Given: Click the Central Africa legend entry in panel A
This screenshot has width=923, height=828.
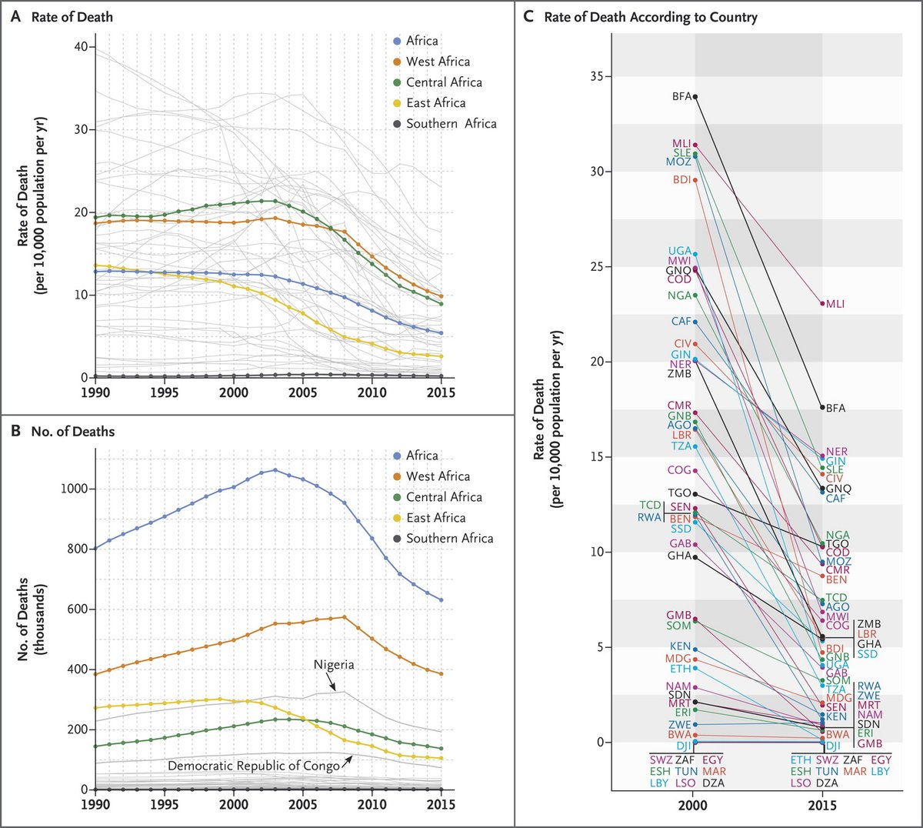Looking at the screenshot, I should [443, 82].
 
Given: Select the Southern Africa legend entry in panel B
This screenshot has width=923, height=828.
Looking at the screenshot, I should [449, 539].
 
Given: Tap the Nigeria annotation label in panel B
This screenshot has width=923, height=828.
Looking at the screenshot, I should [333, 664].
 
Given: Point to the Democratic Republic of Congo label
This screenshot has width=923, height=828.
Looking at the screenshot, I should [253, 766].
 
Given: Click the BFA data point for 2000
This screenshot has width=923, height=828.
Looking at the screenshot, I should [695, 97].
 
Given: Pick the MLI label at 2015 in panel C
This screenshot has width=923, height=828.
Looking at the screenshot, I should [835, 304].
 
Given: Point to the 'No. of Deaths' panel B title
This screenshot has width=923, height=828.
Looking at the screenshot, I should [72, 432].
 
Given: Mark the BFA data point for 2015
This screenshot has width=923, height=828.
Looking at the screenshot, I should [822, 407].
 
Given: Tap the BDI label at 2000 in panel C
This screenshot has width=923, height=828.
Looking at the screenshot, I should [681, 180].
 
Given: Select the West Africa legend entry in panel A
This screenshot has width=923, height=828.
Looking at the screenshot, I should [437, 62].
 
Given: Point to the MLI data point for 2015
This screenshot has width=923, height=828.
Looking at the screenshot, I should [822, 303].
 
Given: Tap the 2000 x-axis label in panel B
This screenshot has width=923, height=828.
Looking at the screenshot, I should [234, 804].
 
